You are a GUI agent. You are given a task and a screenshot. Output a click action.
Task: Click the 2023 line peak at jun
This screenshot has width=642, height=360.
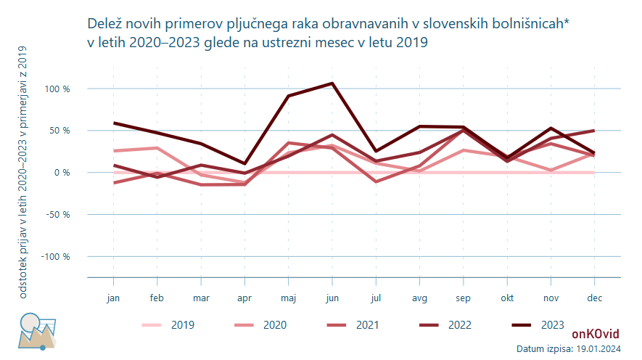[x=332, y=83]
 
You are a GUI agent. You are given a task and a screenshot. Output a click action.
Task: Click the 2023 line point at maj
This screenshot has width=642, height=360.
[x=289, y=96]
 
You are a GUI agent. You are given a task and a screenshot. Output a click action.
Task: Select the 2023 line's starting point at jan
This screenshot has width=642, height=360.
[x=114, y=123]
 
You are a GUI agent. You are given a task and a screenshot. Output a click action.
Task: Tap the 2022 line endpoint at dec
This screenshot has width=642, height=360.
[x=594, y=131]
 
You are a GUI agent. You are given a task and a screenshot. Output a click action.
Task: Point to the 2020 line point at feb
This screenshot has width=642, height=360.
[x=157, y=148]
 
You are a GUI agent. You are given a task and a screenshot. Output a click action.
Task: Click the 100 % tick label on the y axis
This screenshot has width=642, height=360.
[x=57, y=89]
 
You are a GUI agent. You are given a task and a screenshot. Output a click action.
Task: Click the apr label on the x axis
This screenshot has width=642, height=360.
[x=244, y=298]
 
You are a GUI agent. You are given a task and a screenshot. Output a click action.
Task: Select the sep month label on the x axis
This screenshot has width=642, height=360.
[x=464, y=298]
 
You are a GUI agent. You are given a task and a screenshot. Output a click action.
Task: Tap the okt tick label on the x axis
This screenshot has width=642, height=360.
[x=507, y=298]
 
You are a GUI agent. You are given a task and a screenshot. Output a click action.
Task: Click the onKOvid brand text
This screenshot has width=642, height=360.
[x=595, y=335]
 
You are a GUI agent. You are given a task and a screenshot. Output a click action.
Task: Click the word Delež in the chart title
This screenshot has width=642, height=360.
[x=104, y=25]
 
